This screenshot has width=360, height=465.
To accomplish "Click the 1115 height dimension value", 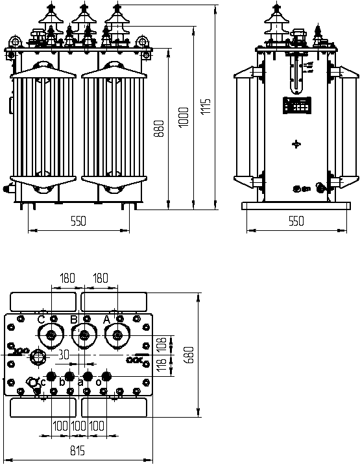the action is tap(205, 107).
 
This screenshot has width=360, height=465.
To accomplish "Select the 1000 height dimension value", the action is tap(184, 117).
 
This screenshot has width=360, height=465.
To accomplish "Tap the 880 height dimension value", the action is tap(159, 128).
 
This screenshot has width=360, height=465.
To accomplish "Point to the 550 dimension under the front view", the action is tap(78, 221).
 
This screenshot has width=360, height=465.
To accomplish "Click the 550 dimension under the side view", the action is tap(296, 221).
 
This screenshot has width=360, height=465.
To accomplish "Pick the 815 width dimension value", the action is tap(77, 450).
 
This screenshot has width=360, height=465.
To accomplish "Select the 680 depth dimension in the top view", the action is tap(189, 354).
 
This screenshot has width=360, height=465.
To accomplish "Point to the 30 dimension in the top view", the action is tap(64, 354).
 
